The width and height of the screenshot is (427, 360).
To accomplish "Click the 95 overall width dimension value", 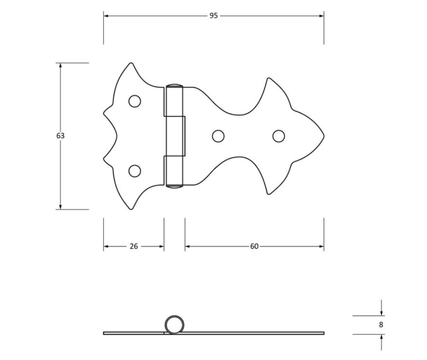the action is [214, 16].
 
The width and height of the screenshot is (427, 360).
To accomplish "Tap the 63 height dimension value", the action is [60, 136].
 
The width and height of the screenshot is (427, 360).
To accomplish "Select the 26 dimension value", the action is [134, 247].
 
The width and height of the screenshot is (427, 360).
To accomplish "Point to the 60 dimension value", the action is [254, 247].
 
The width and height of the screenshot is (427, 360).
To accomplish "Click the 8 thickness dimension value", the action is [381, 325].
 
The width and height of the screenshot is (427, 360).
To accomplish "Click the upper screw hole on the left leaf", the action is [134, 101].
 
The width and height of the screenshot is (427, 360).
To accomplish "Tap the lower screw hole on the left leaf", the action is [134, 171].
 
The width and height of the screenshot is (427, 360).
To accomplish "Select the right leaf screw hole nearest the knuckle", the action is [218, 136].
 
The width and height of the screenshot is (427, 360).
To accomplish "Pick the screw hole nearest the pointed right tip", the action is [279, 136].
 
